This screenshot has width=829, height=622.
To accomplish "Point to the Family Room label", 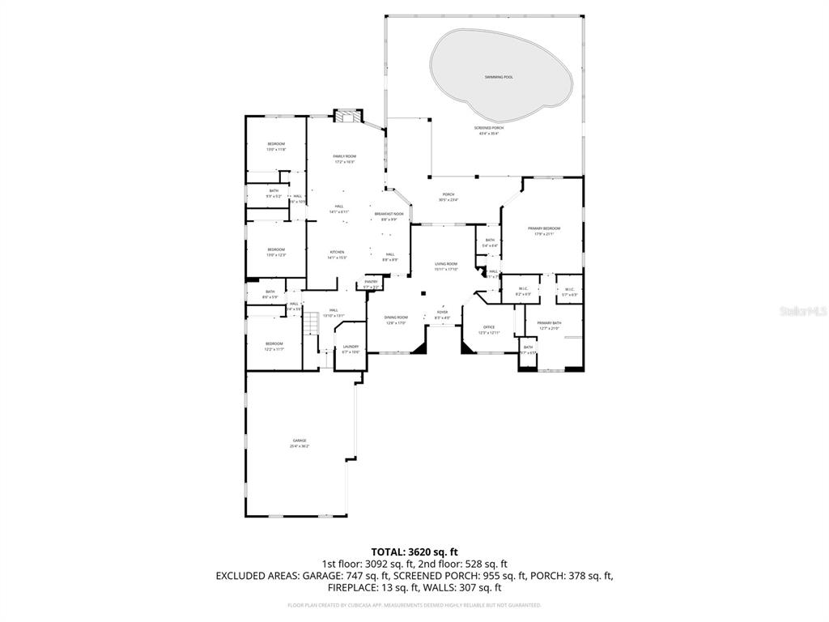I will click(344, 155).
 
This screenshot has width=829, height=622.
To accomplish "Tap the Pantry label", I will click(371, 281).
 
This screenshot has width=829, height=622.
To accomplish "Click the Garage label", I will click(300, 441).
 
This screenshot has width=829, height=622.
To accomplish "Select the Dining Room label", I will click(396, 317).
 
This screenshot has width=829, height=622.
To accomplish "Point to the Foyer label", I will click(442, 312).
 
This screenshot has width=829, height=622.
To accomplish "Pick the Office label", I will click(489, 327).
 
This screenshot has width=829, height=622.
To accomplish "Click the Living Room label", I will click(446, 263).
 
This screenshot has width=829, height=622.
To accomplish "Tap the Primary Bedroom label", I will click(544, 228).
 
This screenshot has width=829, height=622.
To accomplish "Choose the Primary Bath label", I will click(549, 323).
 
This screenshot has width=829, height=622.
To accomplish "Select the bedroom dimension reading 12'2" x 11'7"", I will click(274, 349).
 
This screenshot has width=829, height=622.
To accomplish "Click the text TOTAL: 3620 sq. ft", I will click(414, 552).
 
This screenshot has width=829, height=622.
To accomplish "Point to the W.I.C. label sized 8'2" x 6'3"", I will click(523, 294).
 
